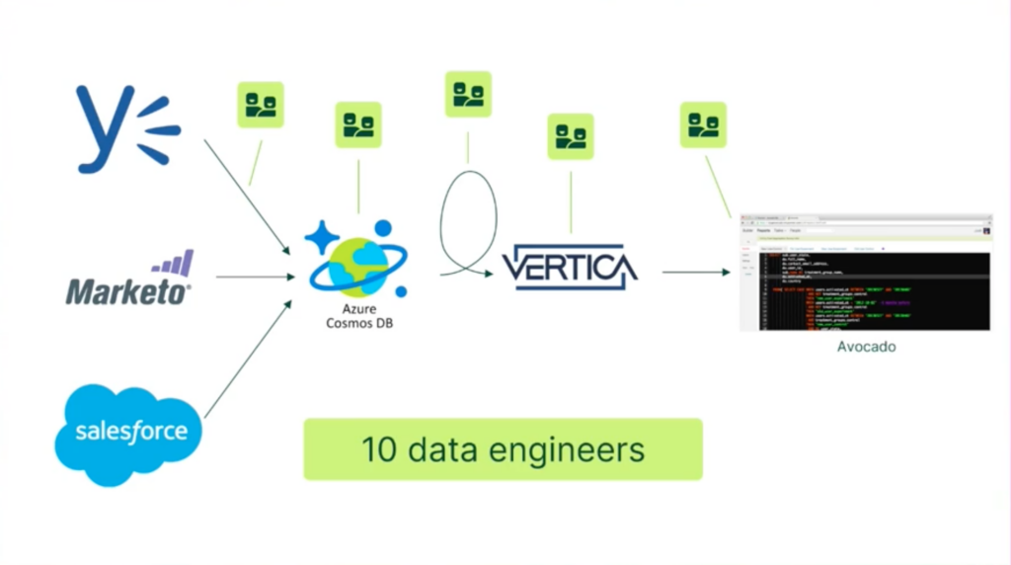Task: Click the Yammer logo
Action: click(126, 128)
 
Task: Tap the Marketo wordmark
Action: click(128, 290)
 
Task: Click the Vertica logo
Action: click(570, 268)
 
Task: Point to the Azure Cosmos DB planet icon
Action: click(356, 259)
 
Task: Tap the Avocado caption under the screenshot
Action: click(866, 347)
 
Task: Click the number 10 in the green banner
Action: click(378, 449)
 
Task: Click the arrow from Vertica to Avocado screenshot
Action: click(695, 272)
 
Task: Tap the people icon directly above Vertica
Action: click(571, 136)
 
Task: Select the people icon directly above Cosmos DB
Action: click(358, 124)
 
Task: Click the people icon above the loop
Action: click(468, 95)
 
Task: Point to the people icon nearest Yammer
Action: click(261, 105)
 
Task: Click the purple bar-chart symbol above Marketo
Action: click(173, 264)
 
